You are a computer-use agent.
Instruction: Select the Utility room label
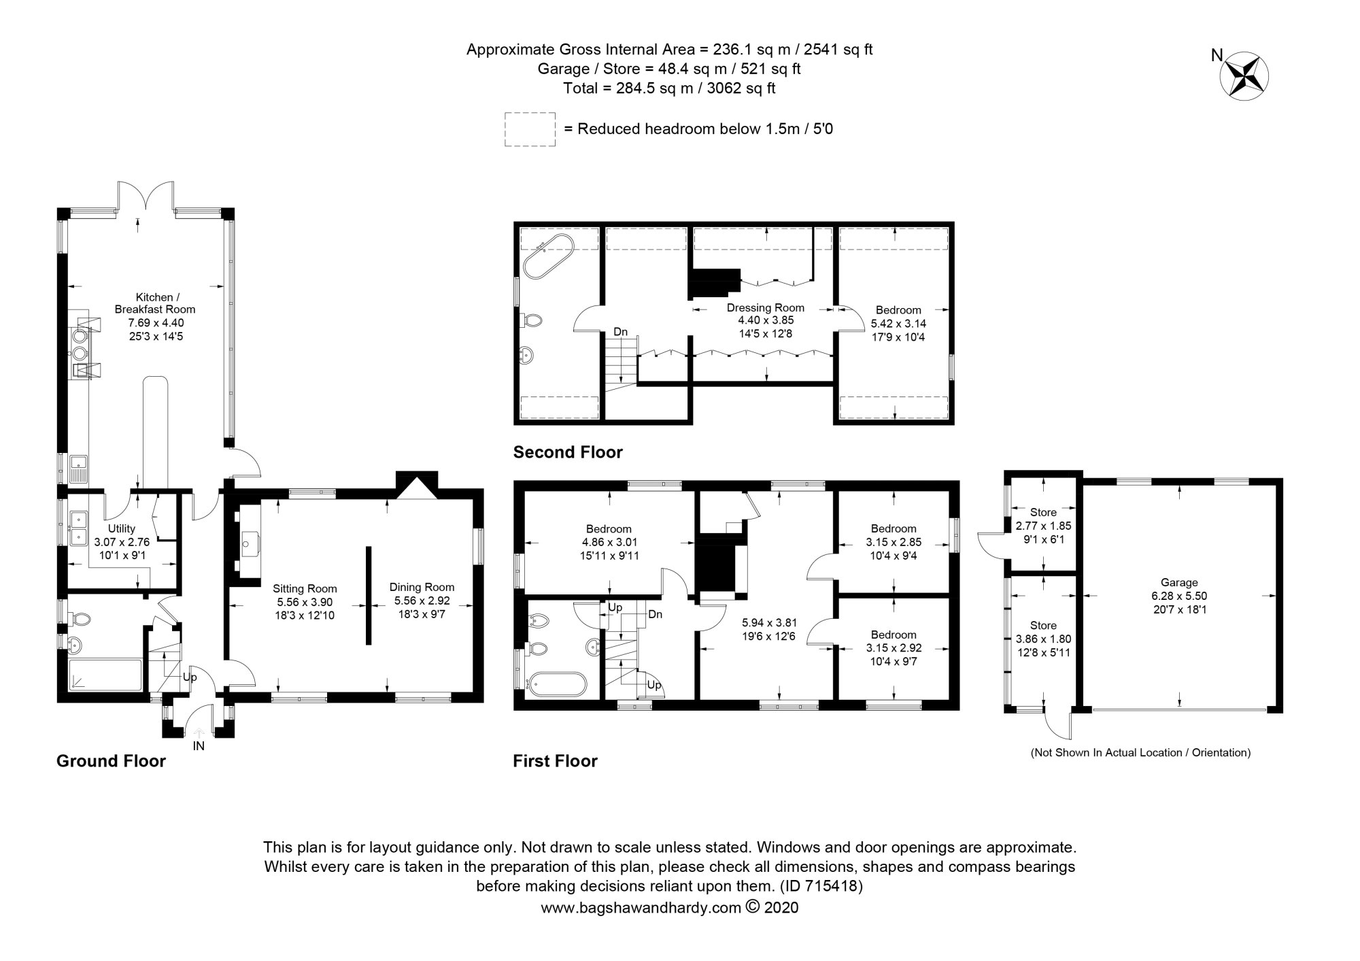pyautogui.click(x=122, y=528)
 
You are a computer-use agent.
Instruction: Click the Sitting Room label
pyautogui.click(x=305, y=589)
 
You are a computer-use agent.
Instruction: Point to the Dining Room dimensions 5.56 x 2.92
pyautogui.click(x=422, y=601)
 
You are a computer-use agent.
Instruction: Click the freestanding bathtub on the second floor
pyautogui.click(x=549, y=256)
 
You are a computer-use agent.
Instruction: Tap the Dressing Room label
pyautogui.click(x=766, y=307)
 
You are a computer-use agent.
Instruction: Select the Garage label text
pyautogui.click(x=1179, y=583)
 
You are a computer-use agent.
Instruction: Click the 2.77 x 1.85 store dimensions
pyautogui.click(x=1043, y=526)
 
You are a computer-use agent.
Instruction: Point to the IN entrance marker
pyautogui.click(x=199, y=745)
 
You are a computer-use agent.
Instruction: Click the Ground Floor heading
pyautogui.click(x=111, y=761)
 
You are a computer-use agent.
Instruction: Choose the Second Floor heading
pyautogui.click(x=568, y=452)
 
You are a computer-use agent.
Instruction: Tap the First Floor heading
pyautogui.click(x=555, y=761)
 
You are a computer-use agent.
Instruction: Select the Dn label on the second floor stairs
pyautogui.click(x=620, y=332)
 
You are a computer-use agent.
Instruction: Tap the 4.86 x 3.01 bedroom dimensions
pyautogui.click(x=609, y=543)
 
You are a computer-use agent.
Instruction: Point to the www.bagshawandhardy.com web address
pyautogui.click(x=640, y=908)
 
